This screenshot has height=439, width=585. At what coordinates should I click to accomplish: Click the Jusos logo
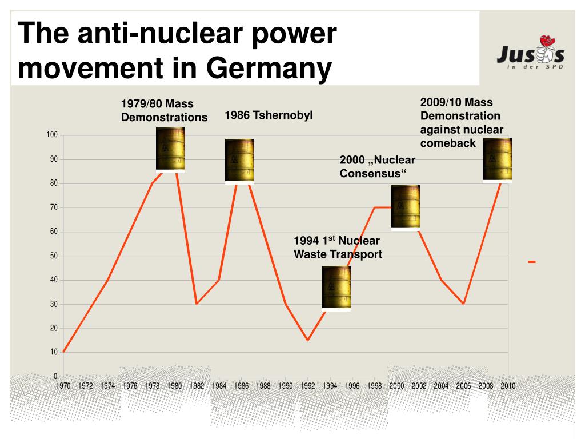tap(530, 56)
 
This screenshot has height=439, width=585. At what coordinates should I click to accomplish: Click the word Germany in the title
tap(269, 69)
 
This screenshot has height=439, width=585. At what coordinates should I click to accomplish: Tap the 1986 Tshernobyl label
tap(269, 115)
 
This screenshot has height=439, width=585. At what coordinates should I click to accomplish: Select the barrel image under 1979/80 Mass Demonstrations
tap(170, 150)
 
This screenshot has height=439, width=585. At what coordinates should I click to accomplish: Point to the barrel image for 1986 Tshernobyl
tap(239, 161)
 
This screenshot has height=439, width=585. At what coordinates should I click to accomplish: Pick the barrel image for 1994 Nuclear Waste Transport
tap(336, 288)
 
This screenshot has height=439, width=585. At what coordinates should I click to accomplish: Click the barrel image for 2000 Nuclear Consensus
tap(406, 207)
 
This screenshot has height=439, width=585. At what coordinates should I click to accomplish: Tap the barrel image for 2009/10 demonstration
tap(497, 160)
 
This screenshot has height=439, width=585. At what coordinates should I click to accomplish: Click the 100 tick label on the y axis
tap(52, 135)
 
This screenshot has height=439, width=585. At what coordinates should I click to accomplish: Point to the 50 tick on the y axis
tap(54, 256)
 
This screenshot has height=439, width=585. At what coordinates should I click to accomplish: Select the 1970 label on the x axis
tap(63, 386)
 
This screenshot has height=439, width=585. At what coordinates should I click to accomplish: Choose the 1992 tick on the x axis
tap(308, 386)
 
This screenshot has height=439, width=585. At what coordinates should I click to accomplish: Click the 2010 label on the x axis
tap(508, 386)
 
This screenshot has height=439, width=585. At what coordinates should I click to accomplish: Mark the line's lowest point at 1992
tap(308, 340)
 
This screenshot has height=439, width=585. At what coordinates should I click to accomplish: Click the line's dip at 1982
tap(197, 304)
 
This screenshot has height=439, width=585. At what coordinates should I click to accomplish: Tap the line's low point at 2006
tap(463, 304)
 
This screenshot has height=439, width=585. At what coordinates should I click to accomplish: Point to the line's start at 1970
tap(63, 352)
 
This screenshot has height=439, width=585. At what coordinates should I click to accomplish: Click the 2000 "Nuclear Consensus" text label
tap(377, 166)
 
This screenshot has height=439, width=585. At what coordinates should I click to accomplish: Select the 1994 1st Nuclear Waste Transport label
tap(338, 248)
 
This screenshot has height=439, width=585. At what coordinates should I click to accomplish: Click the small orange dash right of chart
tap(532, 262)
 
